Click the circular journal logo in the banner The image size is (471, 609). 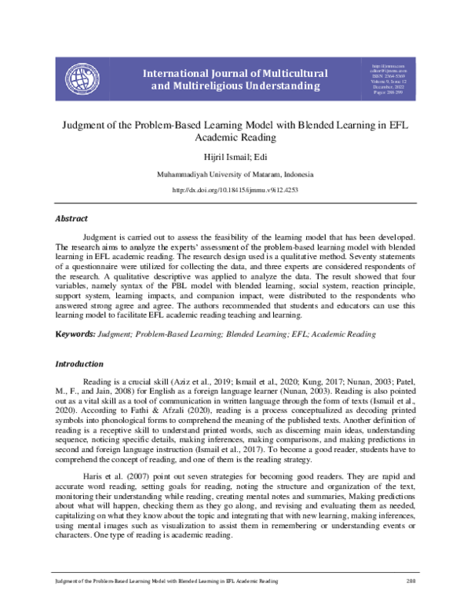[x=87, y=78]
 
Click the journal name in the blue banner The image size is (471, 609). [x=235, y=78]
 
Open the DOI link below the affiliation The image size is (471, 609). [x=235, y=190]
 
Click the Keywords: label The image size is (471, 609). [x=75, y=334]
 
